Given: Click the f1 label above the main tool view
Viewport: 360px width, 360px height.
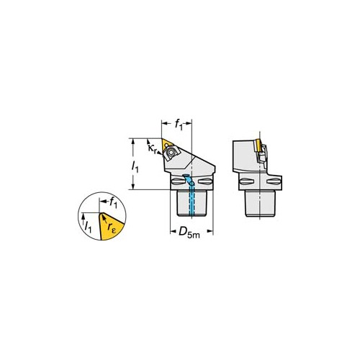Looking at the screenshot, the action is pyautogui.click(x=179, y=125).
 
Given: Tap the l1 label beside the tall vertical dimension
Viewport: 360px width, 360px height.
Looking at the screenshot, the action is pyautogui.click(x=135, y=166).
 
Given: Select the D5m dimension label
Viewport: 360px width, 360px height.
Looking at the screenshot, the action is pyautogui.click(x=189, y=232).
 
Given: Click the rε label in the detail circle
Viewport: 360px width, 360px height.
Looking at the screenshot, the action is pyautogui.click(x=112, y=227).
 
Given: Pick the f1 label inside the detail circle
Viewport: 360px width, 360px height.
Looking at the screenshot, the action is pyautogui.click(x=113, y=204).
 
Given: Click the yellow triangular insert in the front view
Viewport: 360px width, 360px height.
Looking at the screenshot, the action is pyautogui.click(x=167, y=143).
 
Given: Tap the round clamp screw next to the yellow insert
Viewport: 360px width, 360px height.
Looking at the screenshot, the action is pyautogui.click(x=171, y=152).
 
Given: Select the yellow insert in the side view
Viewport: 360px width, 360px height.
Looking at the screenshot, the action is pyautogui.click(x=258, y=145).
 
